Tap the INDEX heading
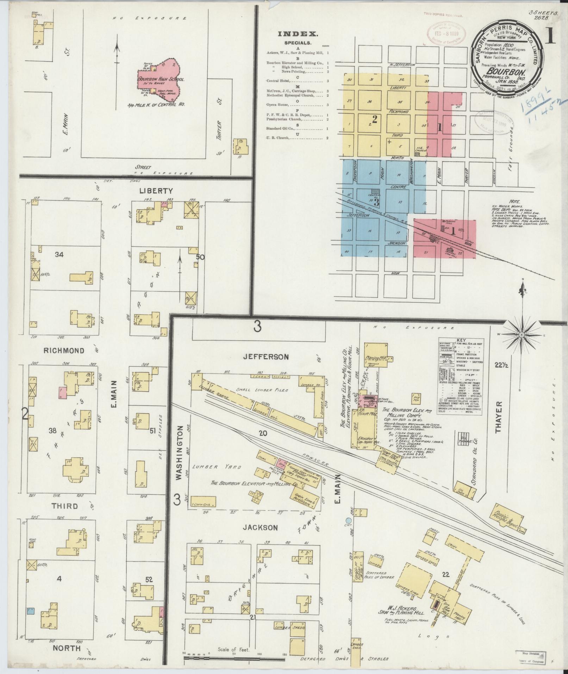pyautogui.click(x=298, y=34)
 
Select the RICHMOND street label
pyautogui.click(x=64, y=351)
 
